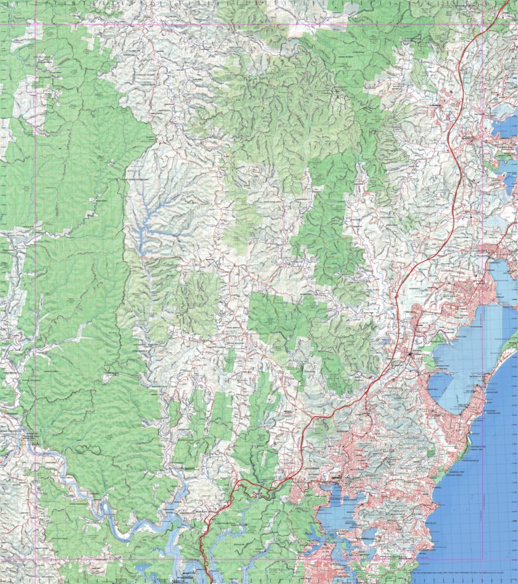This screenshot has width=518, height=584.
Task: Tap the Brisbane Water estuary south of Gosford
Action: point(339,505)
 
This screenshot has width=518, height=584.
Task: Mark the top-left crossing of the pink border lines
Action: point(35,25)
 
